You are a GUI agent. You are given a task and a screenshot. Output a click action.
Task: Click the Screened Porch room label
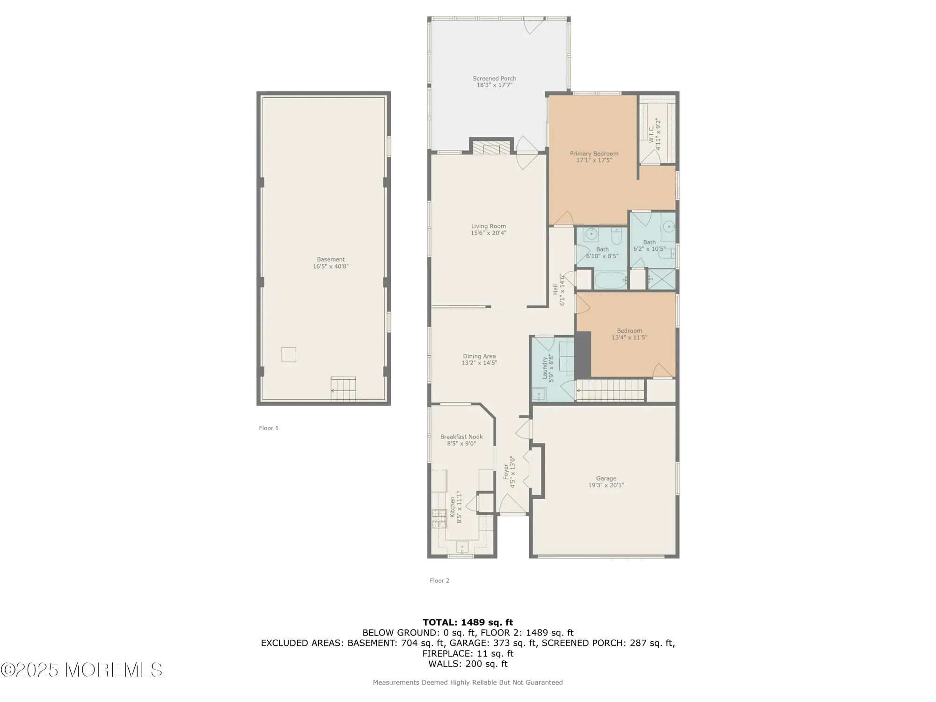(x=494, y=79)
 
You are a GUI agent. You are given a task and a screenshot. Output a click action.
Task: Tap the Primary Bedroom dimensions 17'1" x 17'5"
(x=594, y=161)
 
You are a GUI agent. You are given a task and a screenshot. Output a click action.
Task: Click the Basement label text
(x=330, y=259)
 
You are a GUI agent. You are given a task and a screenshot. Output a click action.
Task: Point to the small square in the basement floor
(x=288, y=354)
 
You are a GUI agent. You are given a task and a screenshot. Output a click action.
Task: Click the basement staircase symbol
(x=343, y=389)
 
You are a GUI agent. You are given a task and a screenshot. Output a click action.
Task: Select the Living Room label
(x=488, y=226)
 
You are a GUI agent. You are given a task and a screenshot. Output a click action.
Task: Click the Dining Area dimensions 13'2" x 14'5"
(x=479, y=363)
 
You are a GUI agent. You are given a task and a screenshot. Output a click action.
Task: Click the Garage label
(x=606, y=478)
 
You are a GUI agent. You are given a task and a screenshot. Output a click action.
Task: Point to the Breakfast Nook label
(x=461, y=437)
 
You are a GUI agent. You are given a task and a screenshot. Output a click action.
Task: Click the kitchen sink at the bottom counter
(x=462, y=546)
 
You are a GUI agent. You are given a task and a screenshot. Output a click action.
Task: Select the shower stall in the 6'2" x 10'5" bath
(x=662, y=279)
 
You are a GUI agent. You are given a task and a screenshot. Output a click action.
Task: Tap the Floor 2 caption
(x=439, y=581)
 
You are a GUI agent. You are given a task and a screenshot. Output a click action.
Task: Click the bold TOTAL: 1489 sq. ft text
(x=468, y=622)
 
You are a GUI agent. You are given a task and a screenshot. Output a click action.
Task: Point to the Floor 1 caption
(x=269, y=428)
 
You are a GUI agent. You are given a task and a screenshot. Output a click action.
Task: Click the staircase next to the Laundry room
(x=610, y=390)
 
